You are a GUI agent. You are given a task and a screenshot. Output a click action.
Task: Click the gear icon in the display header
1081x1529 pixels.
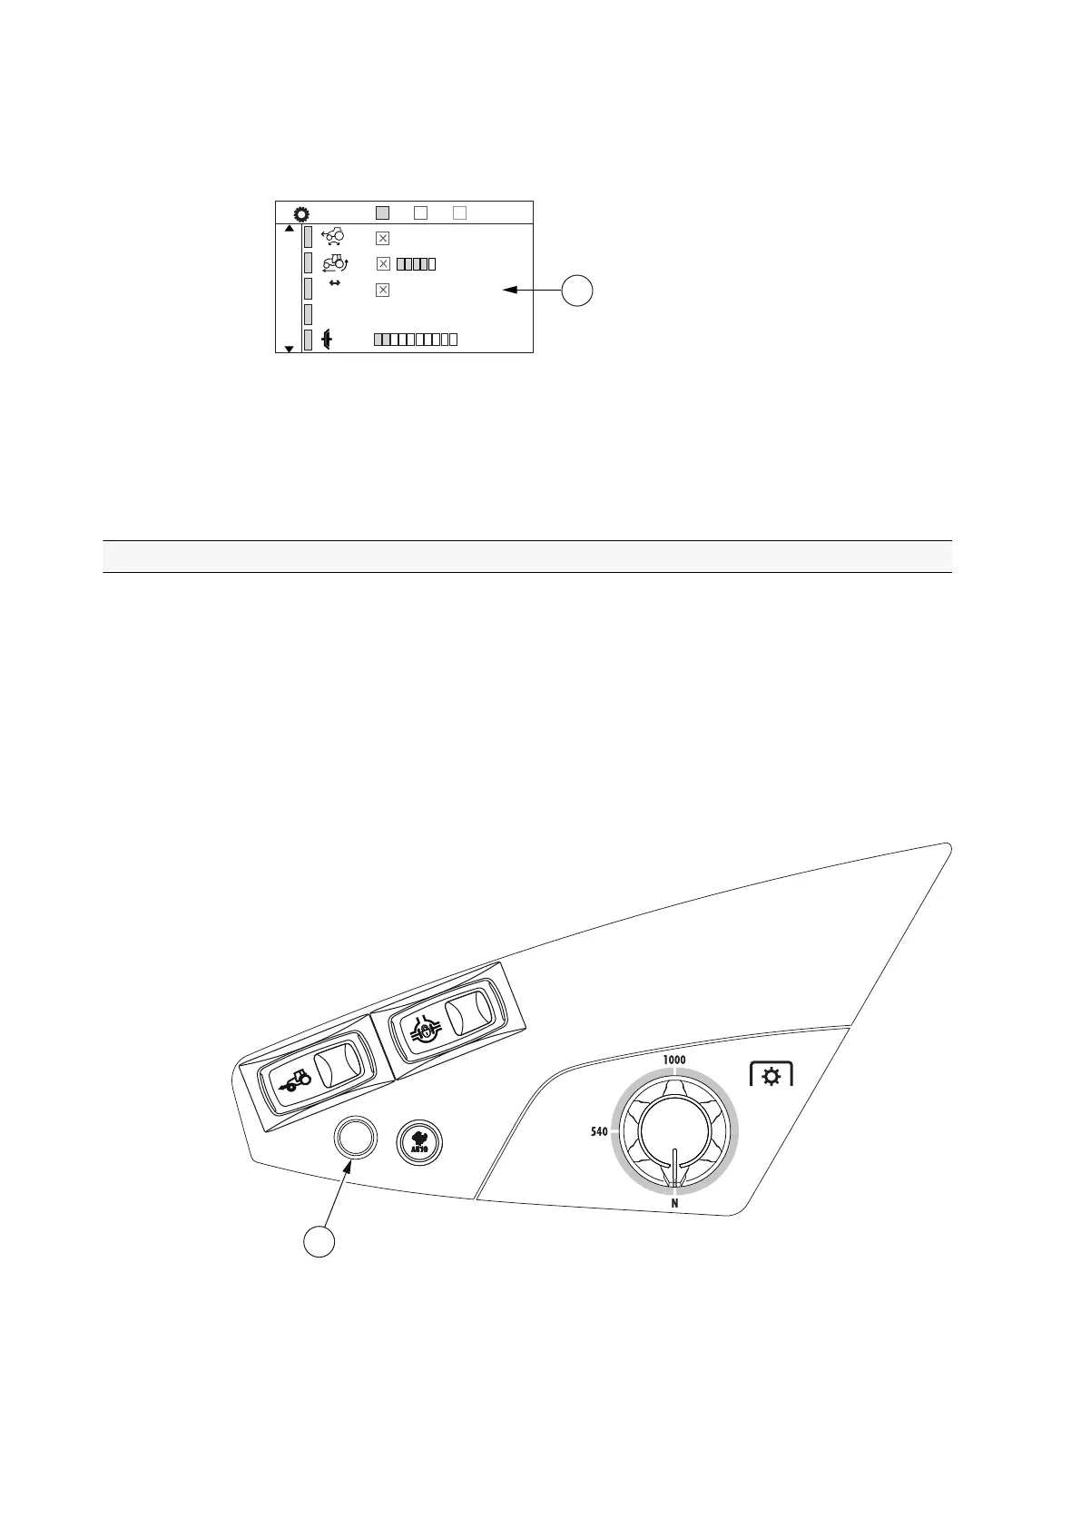(x=301, y=214)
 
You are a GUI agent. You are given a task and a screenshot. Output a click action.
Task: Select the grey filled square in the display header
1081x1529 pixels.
(x=382, y=212)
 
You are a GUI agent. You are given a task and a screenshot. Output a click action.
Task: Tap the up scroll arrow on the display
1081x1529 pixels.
(x=289, y=229)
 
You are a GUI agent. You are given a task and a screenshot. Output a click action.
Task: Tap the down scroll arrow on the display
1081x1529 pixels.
(x=289, y=349)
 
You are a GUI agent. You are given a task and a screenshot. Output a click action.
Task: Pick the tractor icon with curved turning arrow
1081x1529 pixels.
(x=335, y=263)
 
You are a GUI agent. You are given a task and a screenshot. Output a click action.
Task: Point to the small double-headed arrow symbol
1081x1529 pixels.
(x=334, y=283)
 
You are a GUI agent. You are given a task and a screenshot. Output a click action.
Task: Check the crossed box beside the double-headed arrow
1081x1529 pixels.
(x=382, y=290)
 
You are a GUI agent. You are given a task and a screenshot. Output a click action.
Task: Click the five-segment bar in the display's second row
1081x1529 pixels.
(x=416, y=264)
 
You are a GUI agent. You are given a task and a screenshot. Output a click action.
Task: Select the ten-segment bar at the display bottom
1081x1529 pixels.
(x=415, y=340)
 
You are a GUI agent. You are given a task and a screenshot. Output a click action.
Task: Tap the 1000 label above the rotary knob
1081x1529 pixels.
(x=674, y=1060)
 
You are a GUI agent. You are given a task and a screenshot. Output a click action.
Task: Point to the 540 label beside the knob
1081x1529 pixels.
(x=599, y=1132)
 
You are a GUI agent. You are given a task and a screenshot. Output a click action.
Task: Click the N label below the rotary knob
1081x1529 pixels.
(x=674, y=1204)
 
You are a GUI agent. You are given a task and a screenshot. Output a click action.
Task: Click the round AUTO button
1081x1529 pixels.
(x=420, y=1140)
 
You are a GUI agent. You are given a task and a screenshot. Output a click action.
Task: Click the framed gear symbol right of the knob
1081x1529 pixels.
(x=771, y=1076)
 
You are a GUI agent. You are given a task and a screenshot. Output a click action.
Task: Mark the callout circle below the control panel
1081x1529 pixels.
(x=319, y=1242)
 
